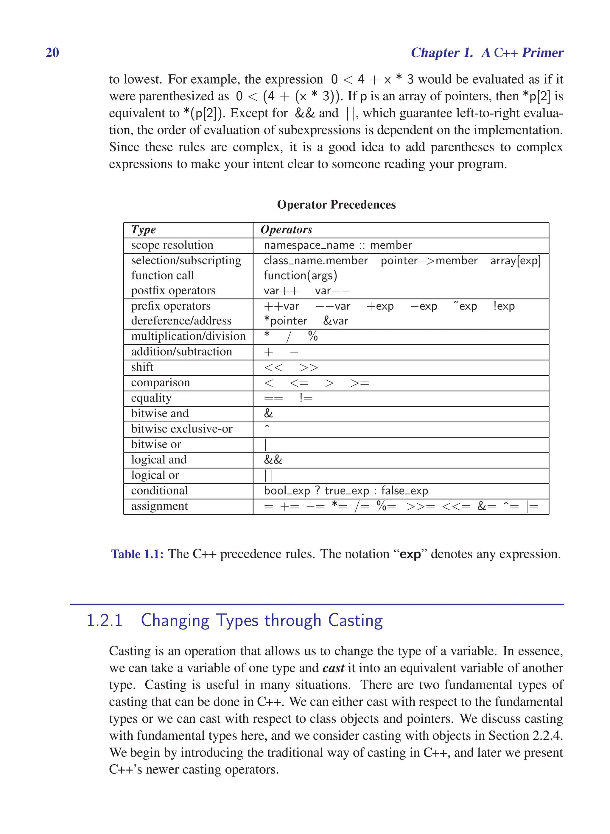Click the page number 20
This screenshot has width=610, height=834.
(52, 53)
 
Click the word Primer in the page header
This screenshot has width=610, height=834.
(542, 53)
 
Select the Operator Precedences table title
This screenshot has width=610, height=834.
(336, 204)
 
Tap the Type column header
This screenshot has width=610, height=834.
(143, 229)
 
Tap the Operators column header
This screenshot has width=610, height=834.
(286, 229)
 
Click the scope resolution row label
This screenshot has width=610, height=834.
(172, 245)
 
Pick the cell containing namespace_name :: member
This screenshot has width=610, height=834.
(337, 245)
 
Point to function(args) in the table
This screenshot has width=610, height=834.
(300, 275)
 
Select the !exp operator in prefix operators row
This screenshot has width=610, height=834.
(504, 306)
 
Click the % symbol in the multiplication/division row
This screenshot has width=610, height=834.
(313, 336)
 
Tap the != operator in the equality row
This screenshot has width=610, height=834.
(306, 398)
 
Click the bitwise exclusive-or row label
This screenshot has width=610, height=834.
(182, 429)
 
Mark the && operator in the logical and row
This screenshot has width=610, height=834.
(273, 460)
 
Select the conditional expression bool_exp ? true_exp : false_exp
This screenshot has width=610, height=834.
(346, 491)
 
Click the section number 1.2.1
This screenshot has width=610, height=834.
(104, 620)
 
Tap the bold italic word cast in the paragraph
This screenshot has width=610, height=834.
(333, 668)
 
